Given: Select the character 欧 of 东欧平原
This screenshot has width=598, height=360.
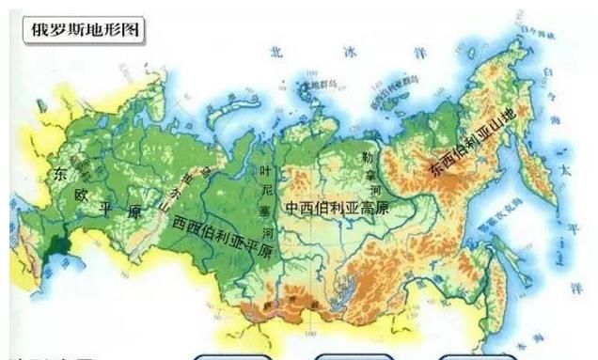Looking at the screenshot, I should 82,195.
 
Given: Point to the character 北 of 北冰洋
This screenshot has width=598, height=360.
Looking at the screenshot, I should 275,53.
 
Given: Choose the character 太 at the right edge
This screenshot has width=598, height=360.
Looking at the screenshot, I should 564,171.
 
